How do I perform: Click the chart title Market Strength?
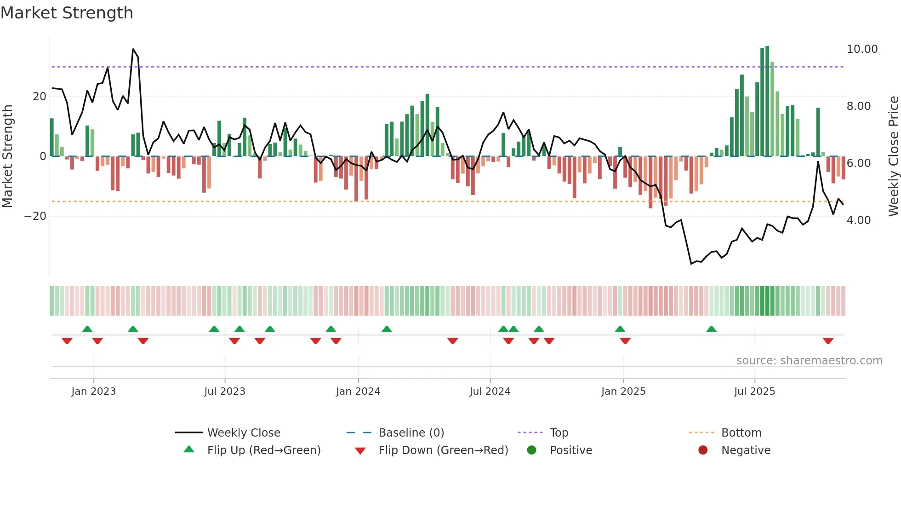[67, 13]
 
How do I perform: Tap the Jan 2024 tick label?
[358, 392]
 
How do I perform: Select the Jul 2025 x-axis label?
[754, 392]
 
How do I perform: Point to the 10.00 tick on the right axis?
[862, 49]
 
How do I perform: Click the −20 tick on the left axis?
[35, 216]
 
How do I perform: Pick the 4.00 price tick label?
[858, 220]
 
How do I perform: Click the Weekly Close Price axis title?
[893, 156]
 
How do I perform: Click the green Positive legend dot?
[532, 450]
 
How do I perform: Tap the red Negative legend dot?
[703, 450]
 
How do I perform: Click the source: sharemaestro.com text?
[809, 361]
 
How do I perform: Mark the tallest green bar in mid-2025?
[767, 101]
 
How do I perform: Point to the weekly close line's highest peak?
[133, 49]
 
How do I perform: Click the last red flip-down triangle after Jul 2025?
[828, 341]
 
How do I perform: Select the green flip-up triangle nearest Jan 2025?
[620, 329]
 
